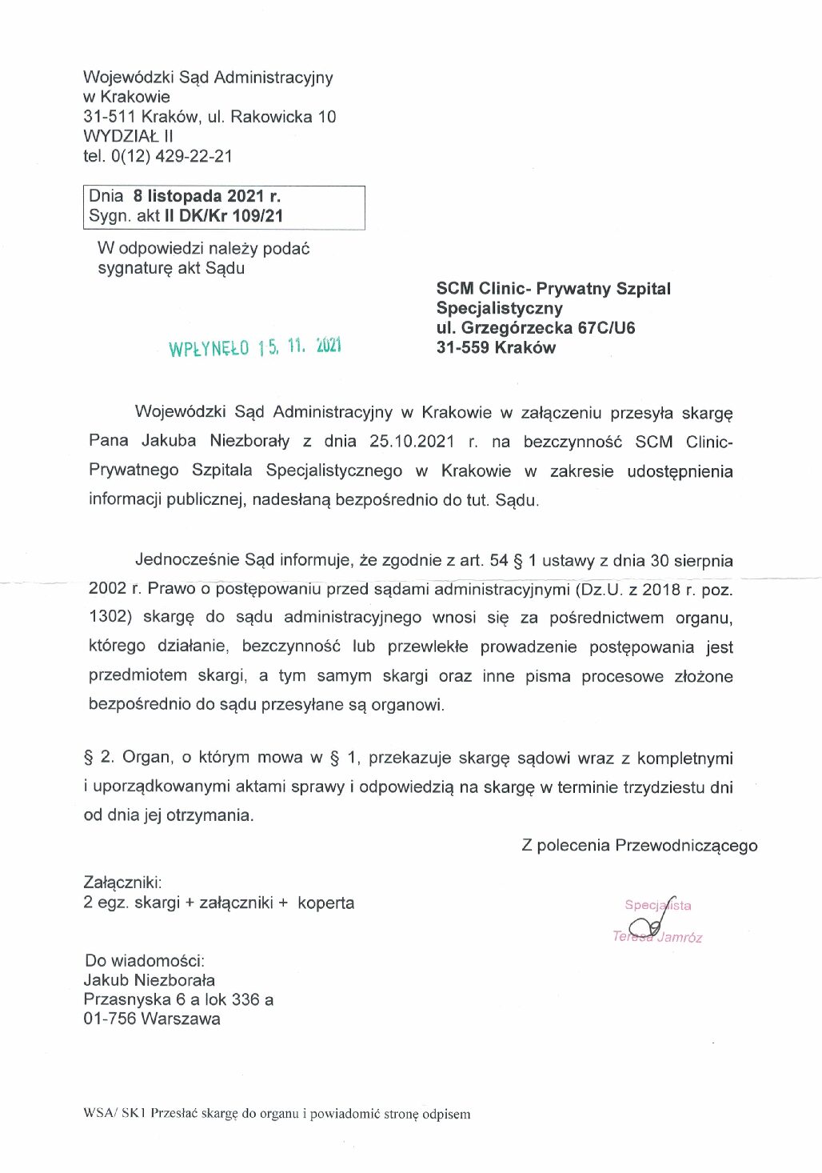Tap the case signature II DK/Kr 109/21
[223, 216]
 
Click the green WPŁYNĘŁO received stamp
[254, 347]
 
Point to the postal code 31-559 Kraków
[495, 347]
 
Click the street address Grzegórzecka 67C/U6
[548, 327]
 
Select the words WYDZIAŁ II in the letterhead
[128, 136]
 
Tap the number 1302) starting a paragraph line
[110, 618]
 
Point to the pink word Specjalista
[657, 905]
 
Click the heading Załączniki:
[122, 883]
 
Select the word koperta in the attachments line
[325, 903]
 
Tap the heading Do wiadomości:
[145, 960]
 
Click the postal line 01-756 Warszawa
[152, 1019]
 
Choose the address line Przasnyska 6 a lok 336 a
[178, 999]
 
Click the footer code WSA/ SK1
[114, 1114]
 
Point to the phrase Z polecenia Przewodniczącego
[639, 846]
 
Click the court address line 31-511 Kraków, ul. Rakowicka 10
[209, 117]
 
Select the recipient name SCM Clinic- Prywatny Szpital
[553, 289]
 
